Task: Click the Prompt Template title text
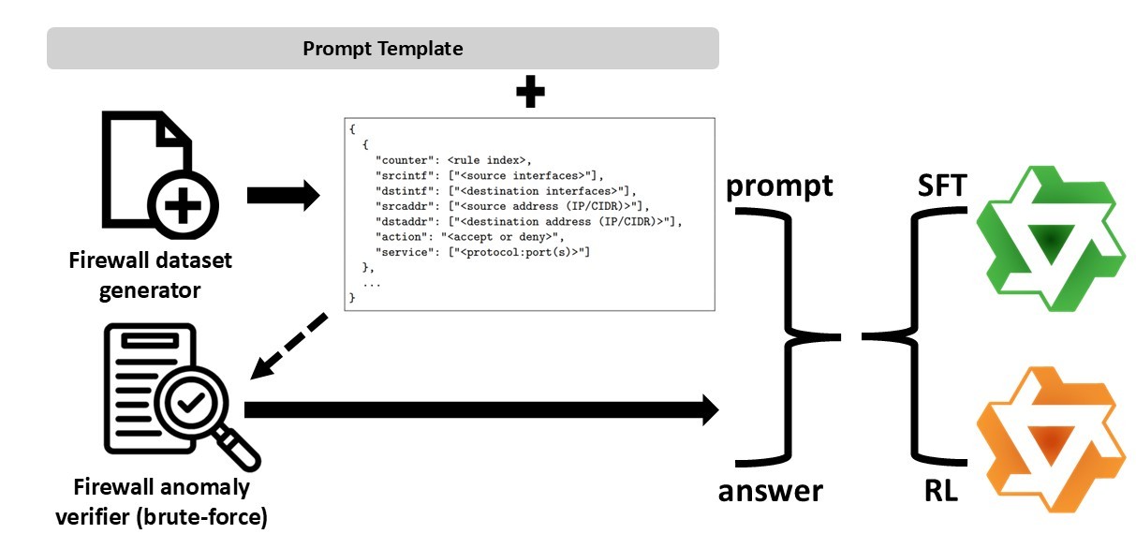(x=383, y=49)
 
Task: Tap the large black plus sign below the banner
(x=530, y=92)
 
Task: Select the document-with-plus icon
(x=160, y=175)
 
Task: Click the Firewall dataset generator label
(x=150, y=275)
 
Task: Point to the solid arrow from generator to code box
(x=284, y=195)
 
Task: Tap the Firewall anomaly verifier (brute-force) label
(x=161, y=502)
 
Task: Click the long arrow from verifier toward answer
(x=481, y=409)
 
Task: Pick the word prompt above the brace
(x=779, y=186)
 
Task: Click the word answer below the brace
(x=771, y=491)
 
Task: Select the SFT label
(x=942, y=185)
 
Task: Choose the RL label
(x=941, y=490)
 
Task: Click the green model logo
(x=1051, y=238)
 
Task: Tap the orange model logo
(x=1051, y=439)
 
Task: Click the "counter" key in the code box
(x=405, y=160)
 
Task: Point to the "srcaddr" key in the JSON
(x=405, y=206)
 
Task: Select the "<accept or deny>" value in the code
(x=499, y=237)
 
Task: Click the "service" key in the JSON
(x=405, y=252)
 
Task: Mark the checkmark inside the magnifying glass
(x=191, y=403)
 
